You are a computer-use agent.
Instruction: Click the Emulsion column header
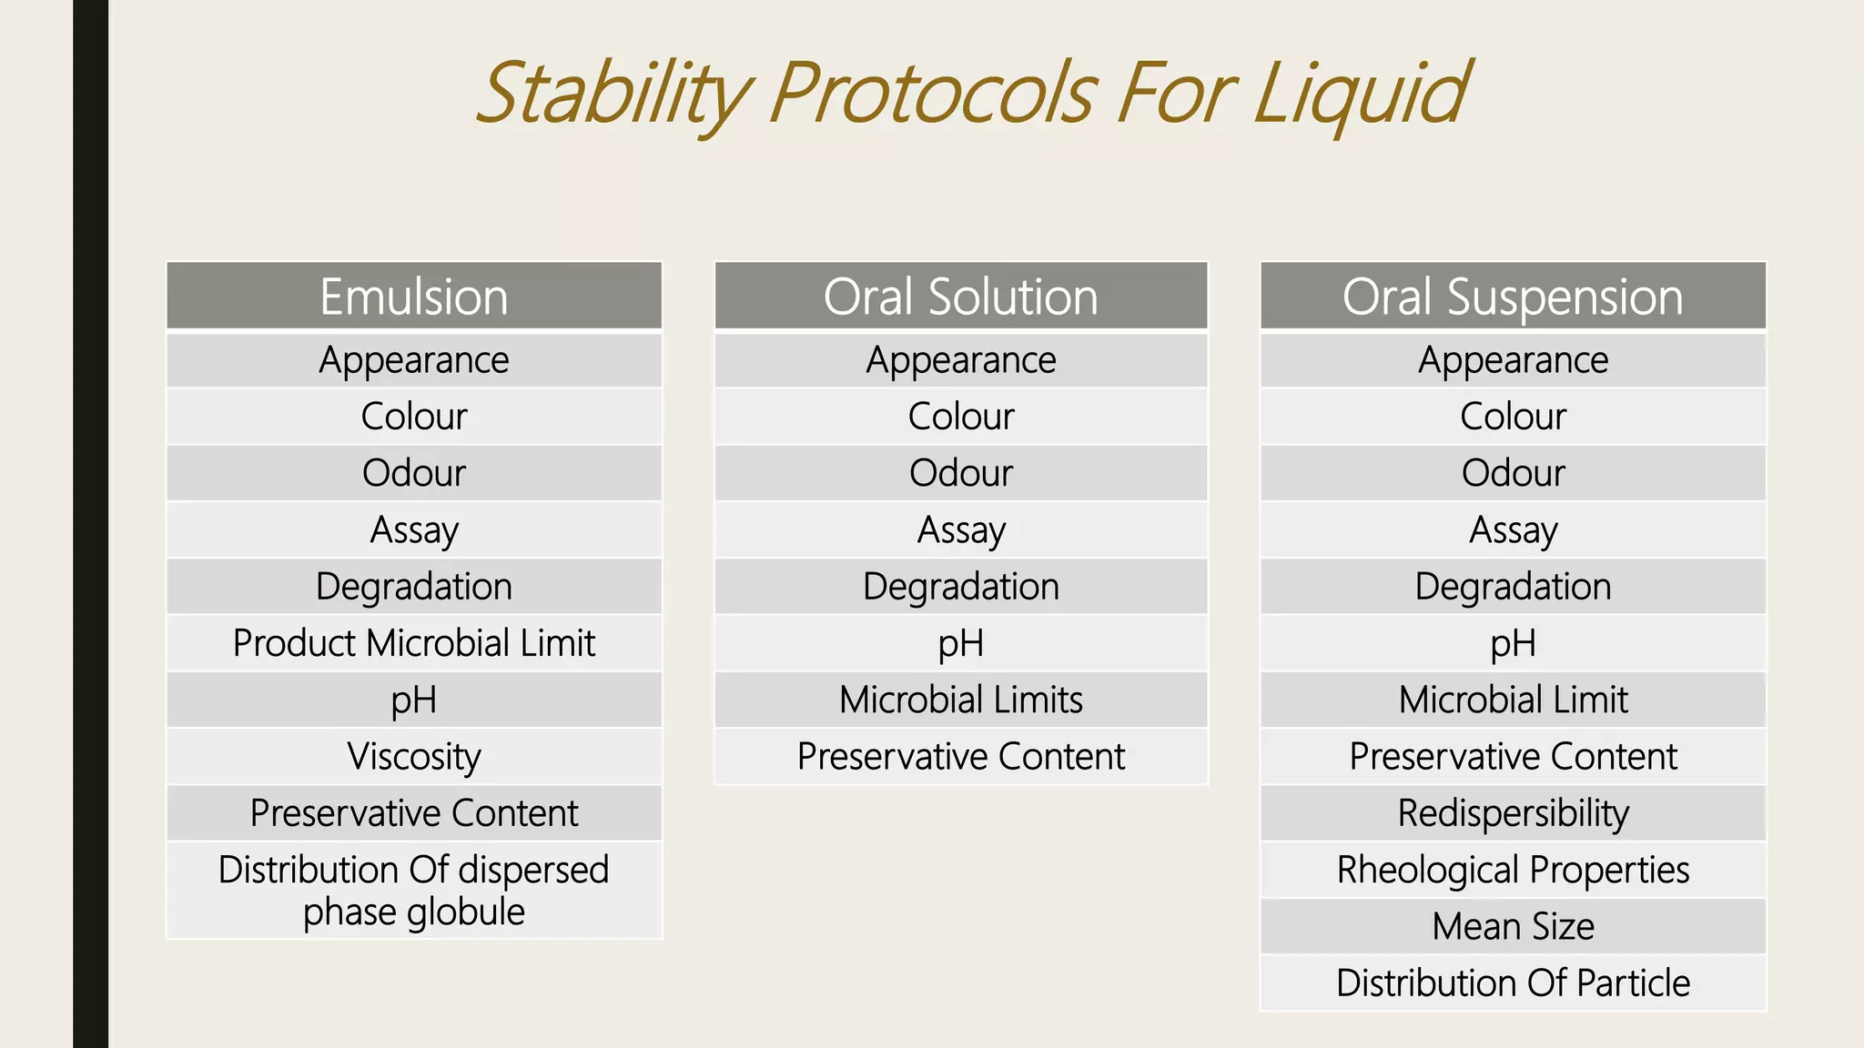click(414, 297)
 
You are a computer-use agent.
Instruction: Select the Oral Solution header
click(961, 297)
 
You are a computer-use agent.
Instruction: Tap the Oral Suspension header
click(1513, 297)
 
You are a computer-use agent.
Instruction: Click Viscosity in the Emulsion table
click(414, 756)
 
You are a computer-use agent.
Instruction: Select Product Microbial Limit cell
click(414, 643)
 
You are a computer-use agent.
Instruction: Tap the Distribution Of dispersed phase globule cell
click(414, 891)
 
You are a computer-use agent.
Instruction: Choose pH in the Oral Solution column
click(961, 643)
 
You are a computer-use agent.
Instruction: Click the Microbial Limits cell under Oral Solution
click(961, 700)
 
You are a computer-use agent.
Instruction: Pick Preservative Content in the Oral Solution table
click(961, 756)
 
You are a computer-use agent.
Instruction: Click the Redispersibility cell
click(1513, 812)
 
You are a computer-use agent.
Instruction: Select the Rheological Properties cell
click(1513, 870)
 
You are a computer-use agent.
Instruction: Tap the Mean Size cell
click(1513, 926)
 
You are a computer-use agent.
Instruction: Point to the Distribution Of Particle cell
click(1513, 982)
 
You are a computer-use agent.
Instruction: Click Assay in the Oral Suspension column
click(1513, 529)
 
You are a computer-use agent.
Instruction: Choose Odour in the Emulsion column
click(414, 473)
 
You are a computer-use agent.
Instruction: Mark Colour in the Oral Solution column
click(961, 417)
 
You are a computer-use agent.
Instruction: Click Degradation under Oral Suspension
click(1513, 587)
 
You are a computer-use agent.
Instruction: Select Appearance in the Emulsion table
click(414, 360)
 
